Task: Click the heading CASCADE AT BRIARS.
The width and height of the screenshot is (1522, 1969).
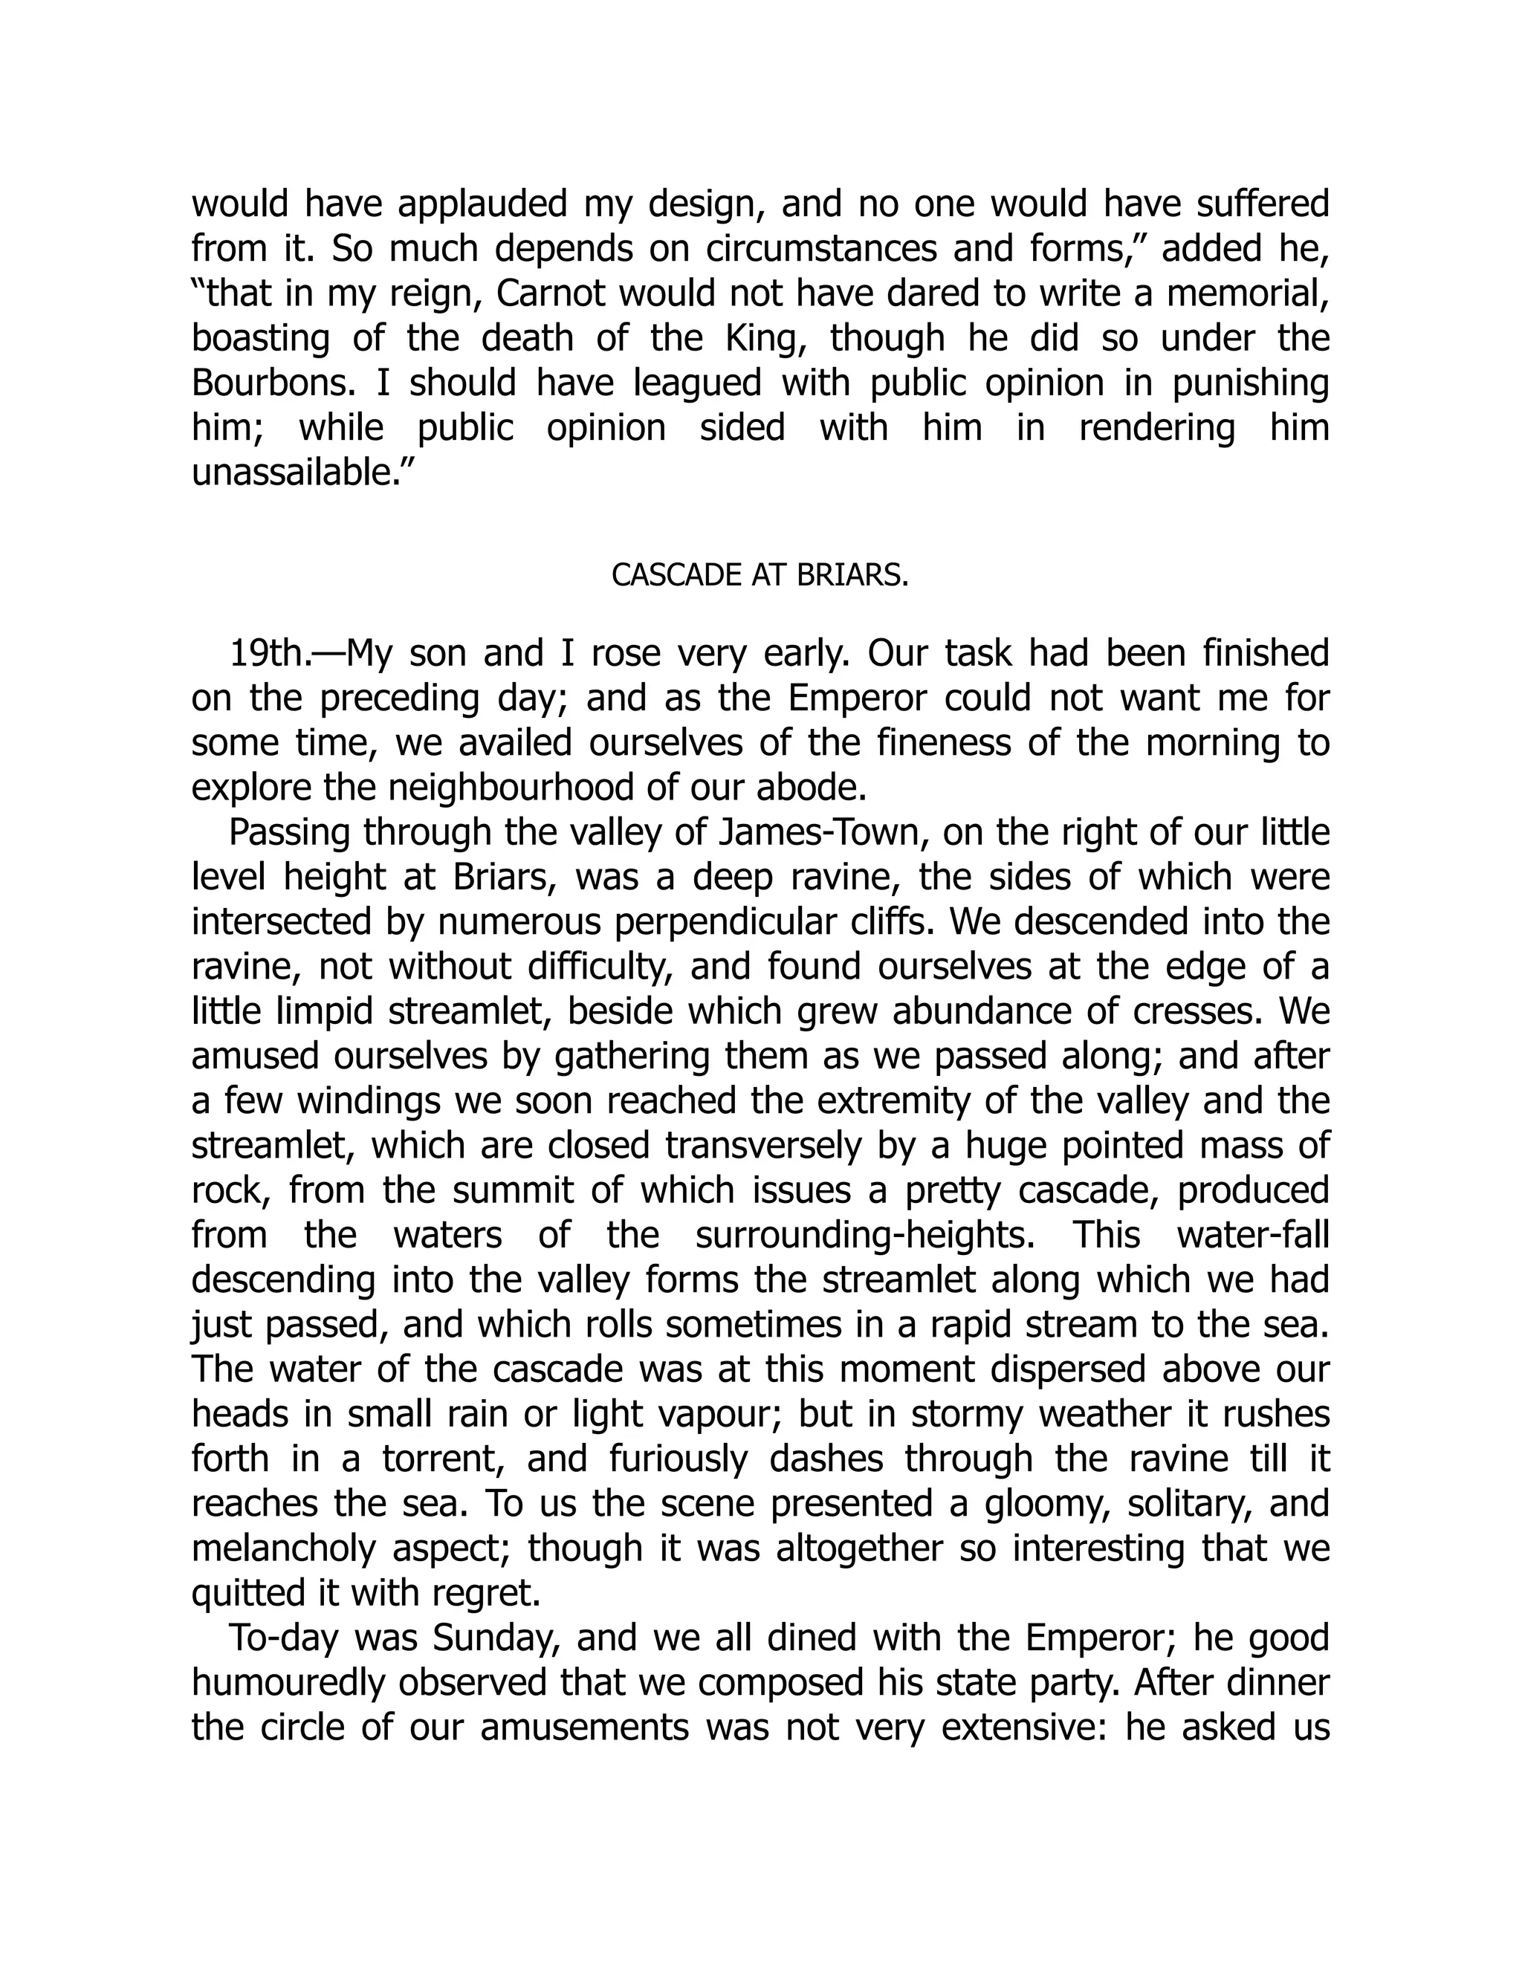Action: coord(760,575)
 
